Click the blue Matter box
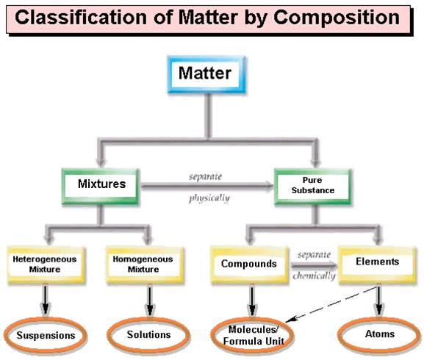pyautogui.click(x=206, y=74)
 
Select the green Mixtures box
pyautogui.click(x=101, y=187)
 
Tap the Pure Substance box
pyautogui.click(x=313, y=187)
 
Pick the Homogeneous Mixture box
pyautogui.click(x=145, y=265)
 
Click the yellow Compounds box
pyautogui.click(x=249, y=265)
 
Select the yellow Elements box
pyautogui.click(x=378, y=265)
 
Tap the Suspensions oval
pyautogui.click(x=45, y=335)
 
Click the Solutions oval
pyautogui.click(x=148, y=335)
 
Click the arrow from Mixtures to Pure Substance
pyautogui.click(x=207, y=186)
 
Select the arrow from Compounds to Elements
pyautogui.click(x=314, y=266)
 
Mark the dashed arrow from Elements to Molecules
pyautogui.click(x=331, y=304)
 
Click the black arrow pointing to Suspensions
pyautogui.click(x=46, y=300)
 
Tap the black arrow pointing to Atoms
pyautogui.click(x=379, y=300)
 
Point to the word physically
pyautogui.click(x=209, y=198)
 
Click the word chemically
pyautogui.click(x=314, y=276)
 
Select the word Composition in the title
pyautogui.click(x=337, y=18)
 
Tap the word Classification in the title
pyautogui.click(x=81, y=18)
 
